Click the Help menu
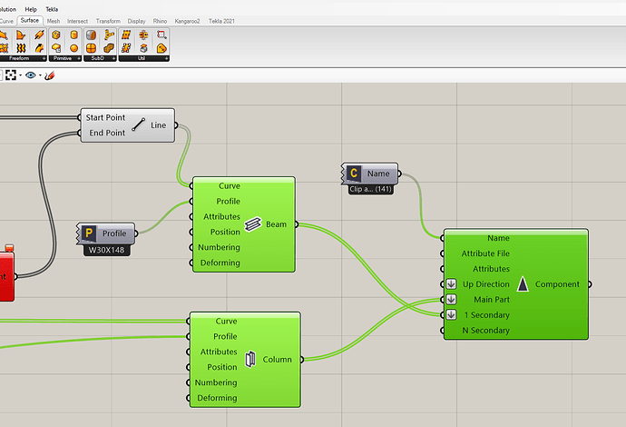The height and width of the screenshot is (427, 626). (31, 9)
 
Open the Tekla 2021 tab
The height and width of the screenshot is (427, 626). (222, 20)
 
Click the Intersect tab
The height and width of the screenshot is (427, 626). (77, 20)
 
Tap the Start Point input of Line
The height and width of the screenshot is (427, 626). (104, 118)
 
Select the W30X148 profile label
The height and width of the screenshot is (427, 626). (108, 250)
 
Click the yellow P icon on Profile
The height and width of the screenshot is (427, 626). (90, 234)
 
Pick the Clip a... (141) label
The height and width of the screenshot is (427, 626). (370, 189)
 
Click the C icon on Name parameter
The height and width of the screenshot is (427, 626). (354, 173)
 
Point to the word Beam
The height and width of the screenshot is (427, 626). (276, 223)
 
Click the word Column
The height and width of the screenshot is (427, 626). (277, 359)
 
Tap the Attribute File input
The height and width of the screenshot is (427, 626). (485, 253)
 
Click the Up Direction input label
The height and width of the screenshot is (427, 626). (485, 284)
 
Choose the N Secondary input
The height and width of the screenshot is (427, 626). (485, 331)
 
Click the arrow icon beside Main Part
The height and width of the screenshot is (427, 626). (451, 300)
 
